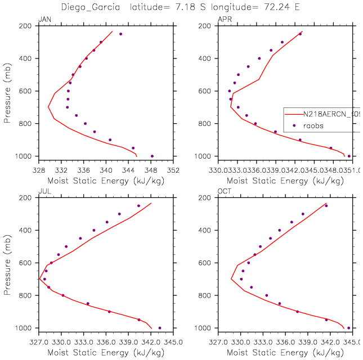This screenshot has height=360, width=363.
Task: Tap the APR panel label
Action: pos(224,20)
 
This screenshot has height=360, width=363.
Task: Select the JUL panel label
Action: pos(43,192)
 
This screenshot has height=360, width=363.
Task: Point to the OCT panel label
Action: pos(224,192)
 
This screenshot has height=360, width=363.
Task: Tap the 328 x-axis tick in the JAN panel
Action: pos(38,169)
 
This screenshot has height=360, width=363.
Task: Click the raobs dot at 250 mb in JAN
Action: pos(120,34)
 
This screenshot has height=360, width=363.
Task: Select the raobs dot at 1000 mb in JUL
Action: pos(160,328)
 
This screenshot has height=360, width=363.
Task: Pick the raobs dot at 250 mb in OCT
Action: pos(326,206)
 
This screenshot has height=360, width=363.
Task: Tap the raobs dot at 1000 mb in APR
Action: pos(349,156)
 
